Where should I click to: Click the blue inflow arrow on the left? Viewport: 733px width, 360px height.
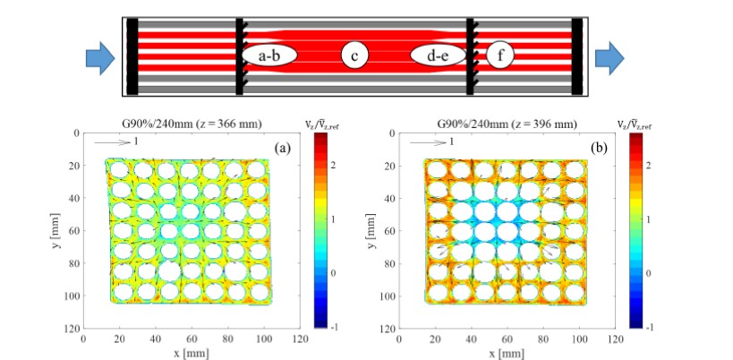point(100,58)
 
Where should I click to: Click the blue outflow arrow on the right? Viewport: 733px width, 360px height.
point(610,58)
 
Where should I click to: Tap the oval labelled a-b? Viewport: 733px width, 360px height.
point(269,57)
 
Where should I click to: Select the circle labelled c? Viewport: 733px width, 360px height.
point(355,57)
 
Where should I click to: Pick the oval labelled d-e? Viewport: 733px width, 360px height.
point(439,57)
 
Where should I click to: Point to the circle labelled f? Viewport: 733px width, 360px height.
point(501,57)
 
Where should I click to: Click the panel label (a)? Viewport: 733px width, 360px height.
point(281,149)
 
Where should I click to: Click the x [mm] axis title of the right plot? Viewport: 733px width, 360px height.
point(505,352)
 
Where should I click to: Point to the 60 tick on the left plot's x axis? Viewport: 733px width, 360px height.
point(192,339)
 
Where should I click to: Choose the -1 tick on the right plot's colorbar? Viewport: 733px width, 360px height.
point(652,326)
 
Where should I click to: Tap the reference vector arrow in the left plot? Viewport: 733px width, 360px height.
point(108,141)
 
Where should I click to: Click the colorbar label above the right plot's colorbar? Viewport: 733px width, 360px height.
point(636,123)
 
